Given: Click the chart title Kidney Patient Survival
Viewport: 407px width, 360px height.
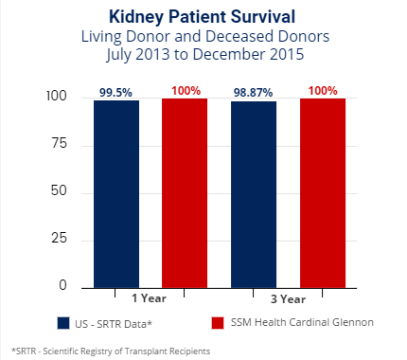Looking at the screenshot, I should pos(203,18).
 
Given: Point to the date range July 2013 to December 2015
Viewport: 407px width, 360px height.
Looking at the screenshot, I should pos(203,54).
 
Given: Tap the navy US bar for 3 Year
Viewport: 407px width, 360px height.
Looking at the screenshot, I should pos(254,193).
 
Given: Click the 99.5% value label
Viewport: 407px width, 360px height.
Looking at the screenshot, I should pos(116,92).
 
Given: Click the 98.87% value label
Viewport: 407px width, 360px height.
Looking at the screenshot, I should pos(254,92).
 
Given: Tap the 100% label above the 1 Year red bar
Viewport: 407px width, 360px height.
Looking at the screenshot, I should pos(185,90).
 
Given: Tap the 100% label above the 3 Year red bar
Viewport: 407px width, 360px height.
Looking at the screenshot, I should pos(323,90).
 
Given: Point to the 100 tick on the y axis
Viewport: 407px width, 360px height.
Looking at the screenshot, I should pos(57,97).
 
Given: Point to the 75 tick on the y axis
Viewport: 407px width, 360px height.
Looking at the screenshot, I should pos(61,144).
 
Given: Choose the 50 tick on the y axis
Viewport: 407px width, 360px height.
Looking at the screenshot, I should pos(61,191).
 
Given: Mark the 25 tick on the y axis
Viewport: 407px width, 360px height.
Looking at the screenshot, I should pos(61,239).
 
